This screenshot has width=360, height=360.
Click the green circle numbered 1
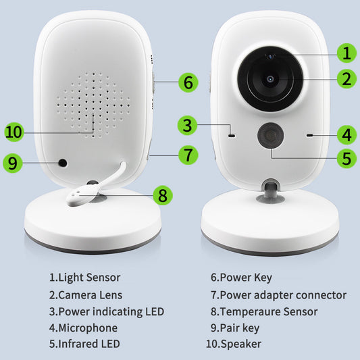346,53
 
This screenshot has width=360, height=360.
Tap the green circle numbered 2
346,79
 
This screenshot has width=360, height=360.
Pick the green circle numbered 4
346,135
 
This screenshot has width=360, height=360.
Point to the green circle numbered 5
346,159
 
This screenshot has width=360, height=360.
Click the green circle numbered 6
188,83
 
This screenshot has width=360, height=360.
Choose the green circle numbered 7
188,154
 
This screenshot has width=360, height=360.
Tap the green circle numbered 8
162,195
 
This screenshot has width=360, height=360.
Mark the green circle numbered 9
14,163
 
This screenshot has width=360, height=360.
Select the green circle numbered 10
14,131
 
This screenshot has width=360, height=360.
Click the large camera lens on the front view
269,79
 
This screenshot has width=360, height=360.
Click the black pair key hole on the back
63,163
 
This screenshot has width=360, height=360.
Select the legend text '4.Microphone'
83,328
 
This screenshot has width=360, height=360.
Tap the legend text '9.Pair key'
236,328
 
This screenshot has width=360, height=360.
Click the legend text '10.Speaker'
234,344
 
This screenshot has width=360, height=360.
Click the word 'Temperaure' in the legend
253,311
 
